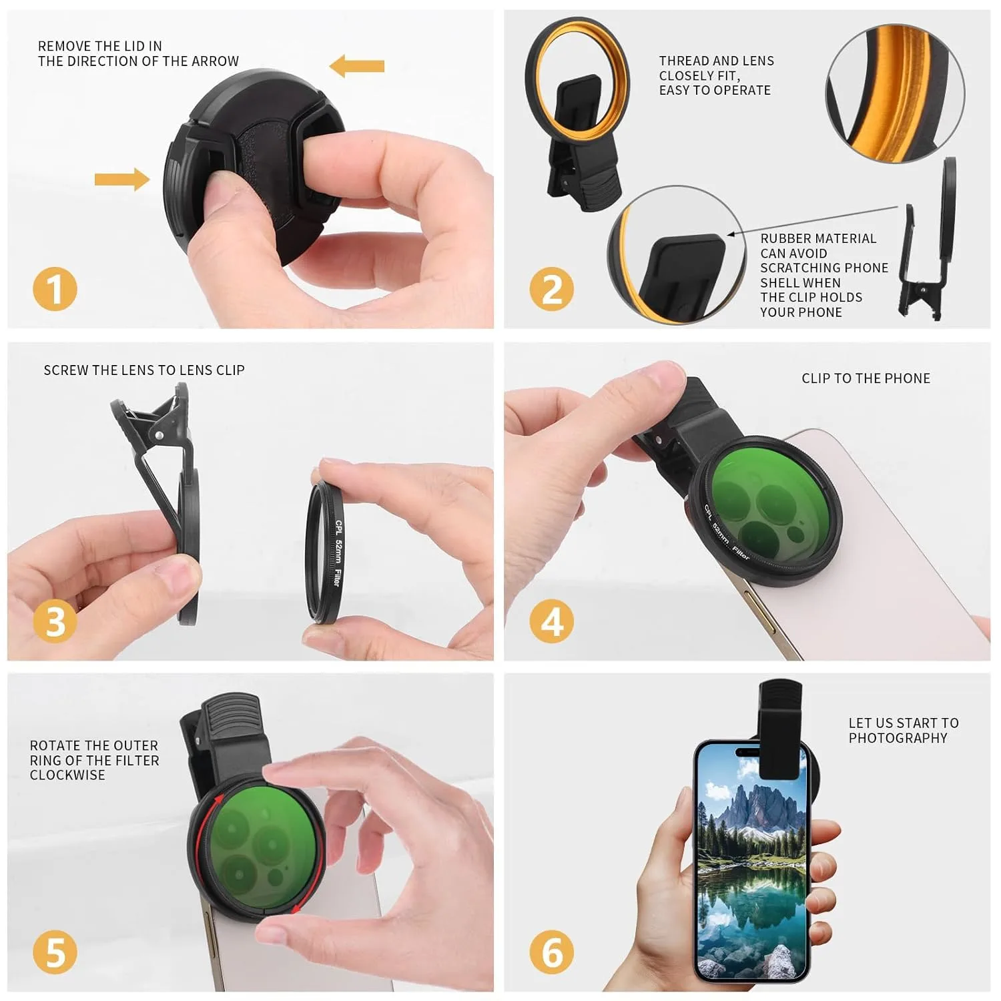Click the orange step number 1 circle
coord(55,289)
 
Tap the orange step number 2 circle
coord(552,289)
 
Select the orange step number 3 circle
coord(55,621)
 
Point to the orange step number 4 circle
coord(552,621)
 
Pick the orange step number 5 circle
coord(55,952)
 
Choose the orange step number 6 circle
coord(552,952)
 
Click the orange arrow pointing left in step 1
coord(357,66)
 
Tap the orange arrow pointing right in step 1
coord(122,179)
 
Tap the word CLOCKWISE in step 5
coord(67,775)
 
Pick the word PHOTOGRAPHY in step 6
coord(898,737)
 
